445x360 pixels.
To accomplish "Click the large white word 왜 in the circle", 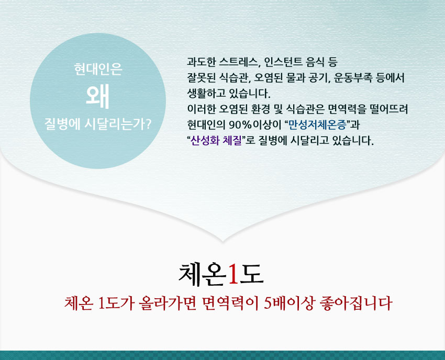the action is (97, 96).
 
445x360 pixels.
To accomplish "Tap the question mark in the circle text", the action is (148, 125).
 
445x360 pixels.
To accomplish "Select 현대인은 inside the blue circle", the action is (98, 69).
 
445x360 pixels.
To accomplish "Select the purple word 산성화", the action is (205, 140).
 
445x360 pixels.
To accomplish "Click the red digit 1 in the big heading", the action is (233, 274).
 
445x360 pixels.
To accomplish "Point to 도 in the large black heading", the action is (252, 274).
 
